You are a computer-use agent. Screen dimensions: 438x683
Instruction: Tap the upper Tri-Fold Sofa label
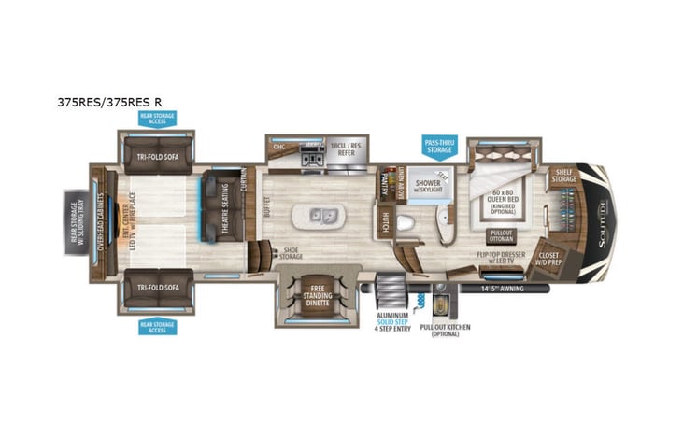pyautogui.click(x=157, y=157)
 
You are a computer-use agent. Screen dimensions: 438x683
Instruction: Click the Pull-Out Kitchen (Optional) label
pyautogui.click(x=444, y=330)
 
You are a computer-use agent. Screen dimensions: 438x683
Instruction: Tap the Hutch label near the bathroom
pyautogui.click(x=386, y=220)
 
